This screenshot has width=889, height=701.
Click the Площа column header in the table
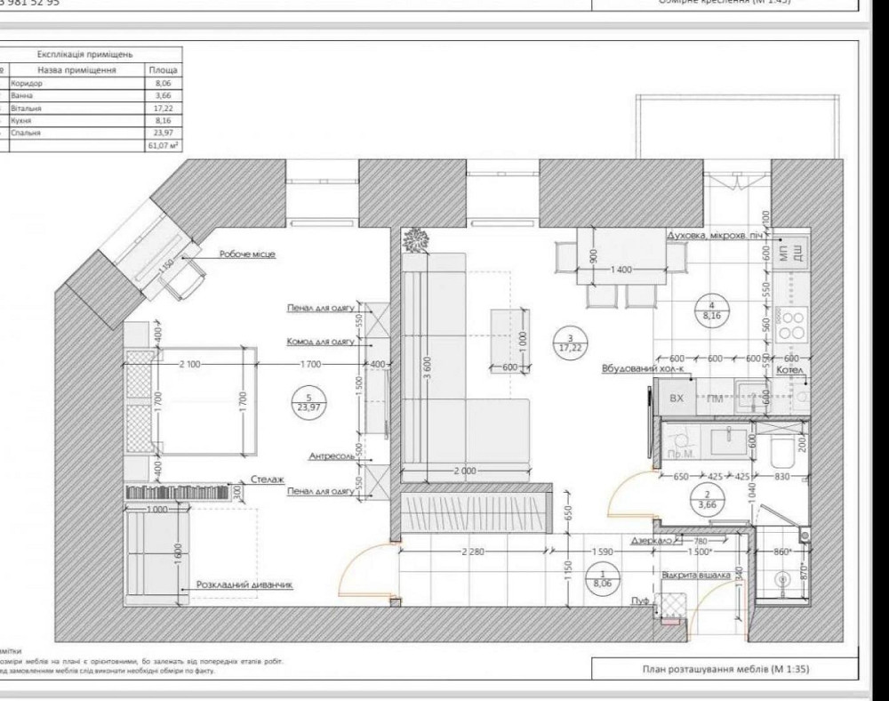[x=164, y=68]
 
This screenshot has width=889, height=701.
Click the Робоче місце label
[x=247, y=254]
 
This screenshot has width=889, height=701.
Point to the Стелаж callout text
[x=268, y=479]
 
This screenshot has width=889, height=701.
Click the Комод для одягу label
[x=320, y=342]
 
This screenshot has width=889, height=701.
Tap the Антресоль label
[x=331, y=456]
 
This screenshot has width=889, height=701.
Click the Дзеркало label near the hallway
[x=649, y=540]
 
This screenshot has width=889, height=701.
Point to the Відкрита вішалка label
[x=696, y=576]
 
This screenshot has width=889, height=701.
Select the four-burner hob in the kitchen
[x=790, y=326]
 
